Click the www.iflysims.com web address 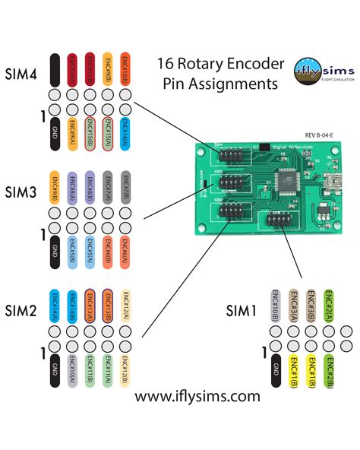(x=197, y=396)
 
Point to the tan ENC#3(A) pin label (x=294, y=308)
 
